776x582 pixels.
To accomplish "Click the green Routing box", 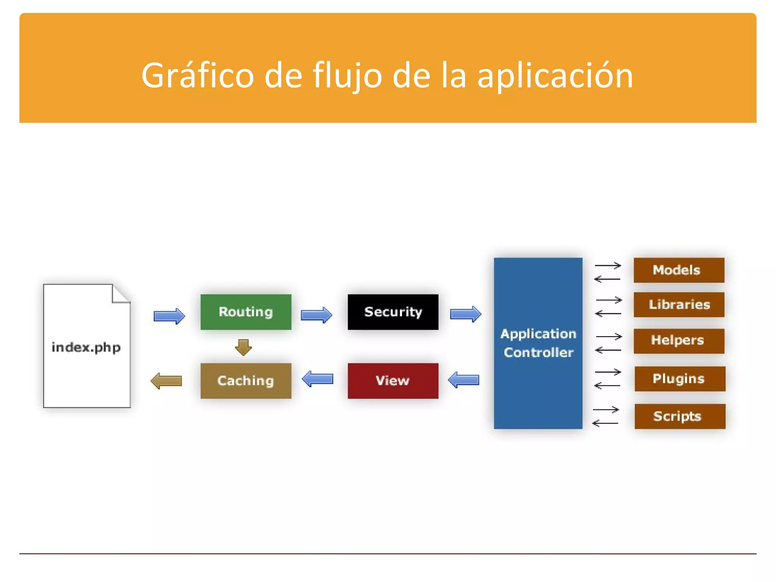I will (x=246, y=312).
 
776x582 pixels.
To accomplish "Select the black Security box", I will (x=393, y=312).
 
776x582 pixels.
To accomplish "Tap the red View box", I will (x=393, y=381).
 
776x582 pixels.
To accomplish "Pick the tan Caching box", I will (x=246, y=381).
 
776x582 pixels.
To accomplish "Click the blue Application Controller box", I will (x=538, y=343).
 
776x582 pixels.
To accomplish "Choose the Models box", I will (x=679, y=270).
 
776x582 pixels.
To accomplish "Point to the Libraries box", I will (x=679, y=305).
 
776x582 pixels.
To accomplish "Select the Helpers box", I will (x=679, y=341).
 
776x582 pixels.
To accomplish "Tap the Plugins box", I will (x=680, y=379).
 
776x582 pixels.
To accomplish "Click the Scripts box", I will (x=680, y=416).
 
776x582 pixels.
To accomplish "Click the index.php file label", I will (x=86, y=347).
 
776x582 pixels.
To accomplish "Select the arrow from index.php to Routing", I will (x=169, y=316).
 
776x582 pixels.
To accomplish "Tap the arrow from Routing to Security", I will (x=316, y=315).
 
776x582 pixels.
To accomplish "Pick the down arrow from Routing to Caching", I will (x=243, y=347).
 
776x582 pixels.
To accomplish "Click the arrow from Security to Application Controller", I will (x=465, y=314).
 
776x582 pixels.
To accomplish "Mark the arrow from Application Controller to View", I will (x=463, y=380).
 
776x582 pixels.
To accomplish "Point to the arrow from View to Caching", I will (x=318, y=379).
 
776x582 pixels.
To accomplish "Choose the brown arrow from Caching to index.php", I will (x=166, y=381).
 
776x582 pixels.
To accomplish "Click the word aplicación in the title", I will (x=555, y=76).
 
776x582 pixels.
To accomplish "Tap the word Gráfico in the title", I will (x=197, y=76).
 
